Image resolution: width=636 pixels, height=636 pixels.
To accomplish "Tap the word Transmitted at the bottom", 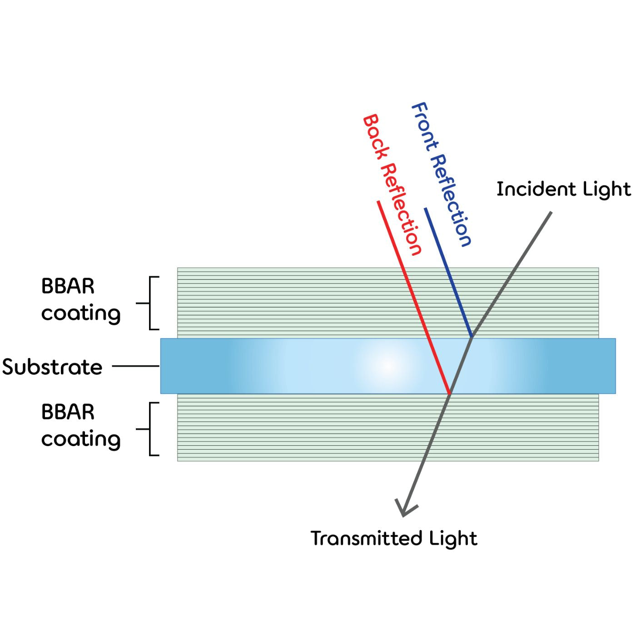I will tap(360, 538).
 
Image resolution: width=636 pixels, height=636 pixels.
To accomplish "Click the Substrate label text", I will tap(52, 367).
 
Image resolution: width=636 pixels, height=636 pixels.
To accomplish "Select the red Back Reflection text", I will tap(392, 184).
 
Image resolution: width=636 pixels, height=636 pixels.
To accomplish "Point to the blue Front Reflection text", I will tap(441, 174).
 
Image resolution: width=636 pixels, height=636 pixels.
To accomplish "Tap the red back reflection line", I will tap(413, 298).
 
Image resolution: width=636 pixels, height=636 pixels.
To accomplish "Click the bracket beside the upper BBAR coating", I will tap(152, 303).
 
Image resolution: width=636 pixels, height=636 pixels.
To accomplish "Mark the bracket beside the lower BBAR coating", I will tap(152, 428).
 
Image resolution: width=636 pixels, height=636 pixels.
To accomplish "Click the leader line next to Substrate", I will tap(135, 366).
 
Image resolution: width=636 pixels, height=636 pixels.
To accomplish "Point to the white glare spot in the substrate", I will tap(388, 365).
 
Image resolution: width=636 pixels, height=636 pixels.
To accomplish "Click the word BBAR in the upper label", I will tap(68, 286).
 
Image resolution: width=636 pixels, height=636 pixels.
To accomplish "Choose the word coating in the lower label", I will tap(81, 439).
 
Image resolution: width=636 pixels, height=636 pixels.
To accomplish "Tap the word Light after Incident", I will tap(607, 189).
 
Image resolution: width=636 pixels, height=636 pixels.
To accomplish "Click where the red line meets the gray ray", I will tap(449, 393).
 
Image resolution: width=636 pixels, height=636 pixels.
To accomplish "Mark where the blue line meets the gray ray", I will tap(472, 337).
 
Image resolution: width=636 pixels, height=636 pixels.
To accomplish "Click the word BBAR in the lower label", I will tap(68, 412).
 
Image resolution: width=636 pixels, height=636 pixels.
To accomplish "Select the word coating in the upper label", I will tap(81, 313).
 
